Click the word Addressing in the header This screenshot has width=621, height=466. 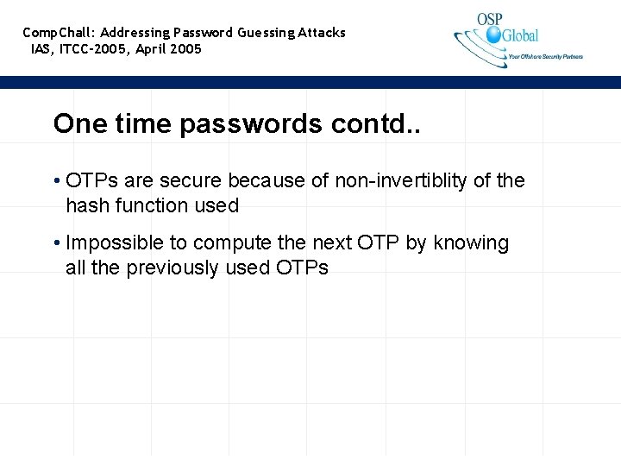pos(135,33)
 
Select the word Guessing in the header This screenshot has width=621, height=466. pos(267,33)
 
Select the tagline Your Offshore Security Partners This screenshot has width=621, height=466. pos(545,57)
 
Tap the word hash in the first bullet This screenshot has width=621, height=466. pos(84,205)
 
